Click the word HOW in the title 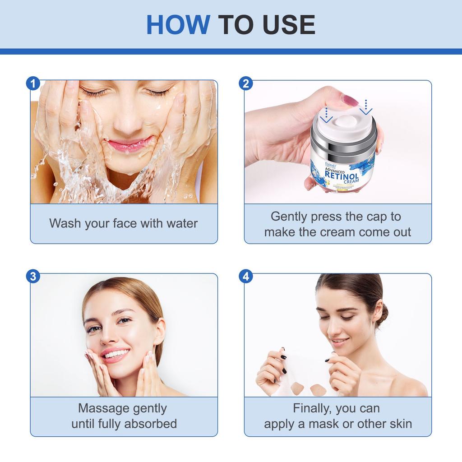[178, 25]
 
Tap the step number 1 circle [33, 83]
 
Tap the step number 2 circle [246, 83]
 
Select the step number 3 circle [33, 277]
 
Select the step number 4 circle [246, 277]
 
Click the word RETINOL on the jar [342, 176]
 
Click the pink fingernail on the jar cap [349, 100]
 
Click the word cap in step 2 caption [375, 217]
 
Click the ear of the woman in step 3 [159, 333]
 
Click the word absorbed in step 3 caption [150, 424]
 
